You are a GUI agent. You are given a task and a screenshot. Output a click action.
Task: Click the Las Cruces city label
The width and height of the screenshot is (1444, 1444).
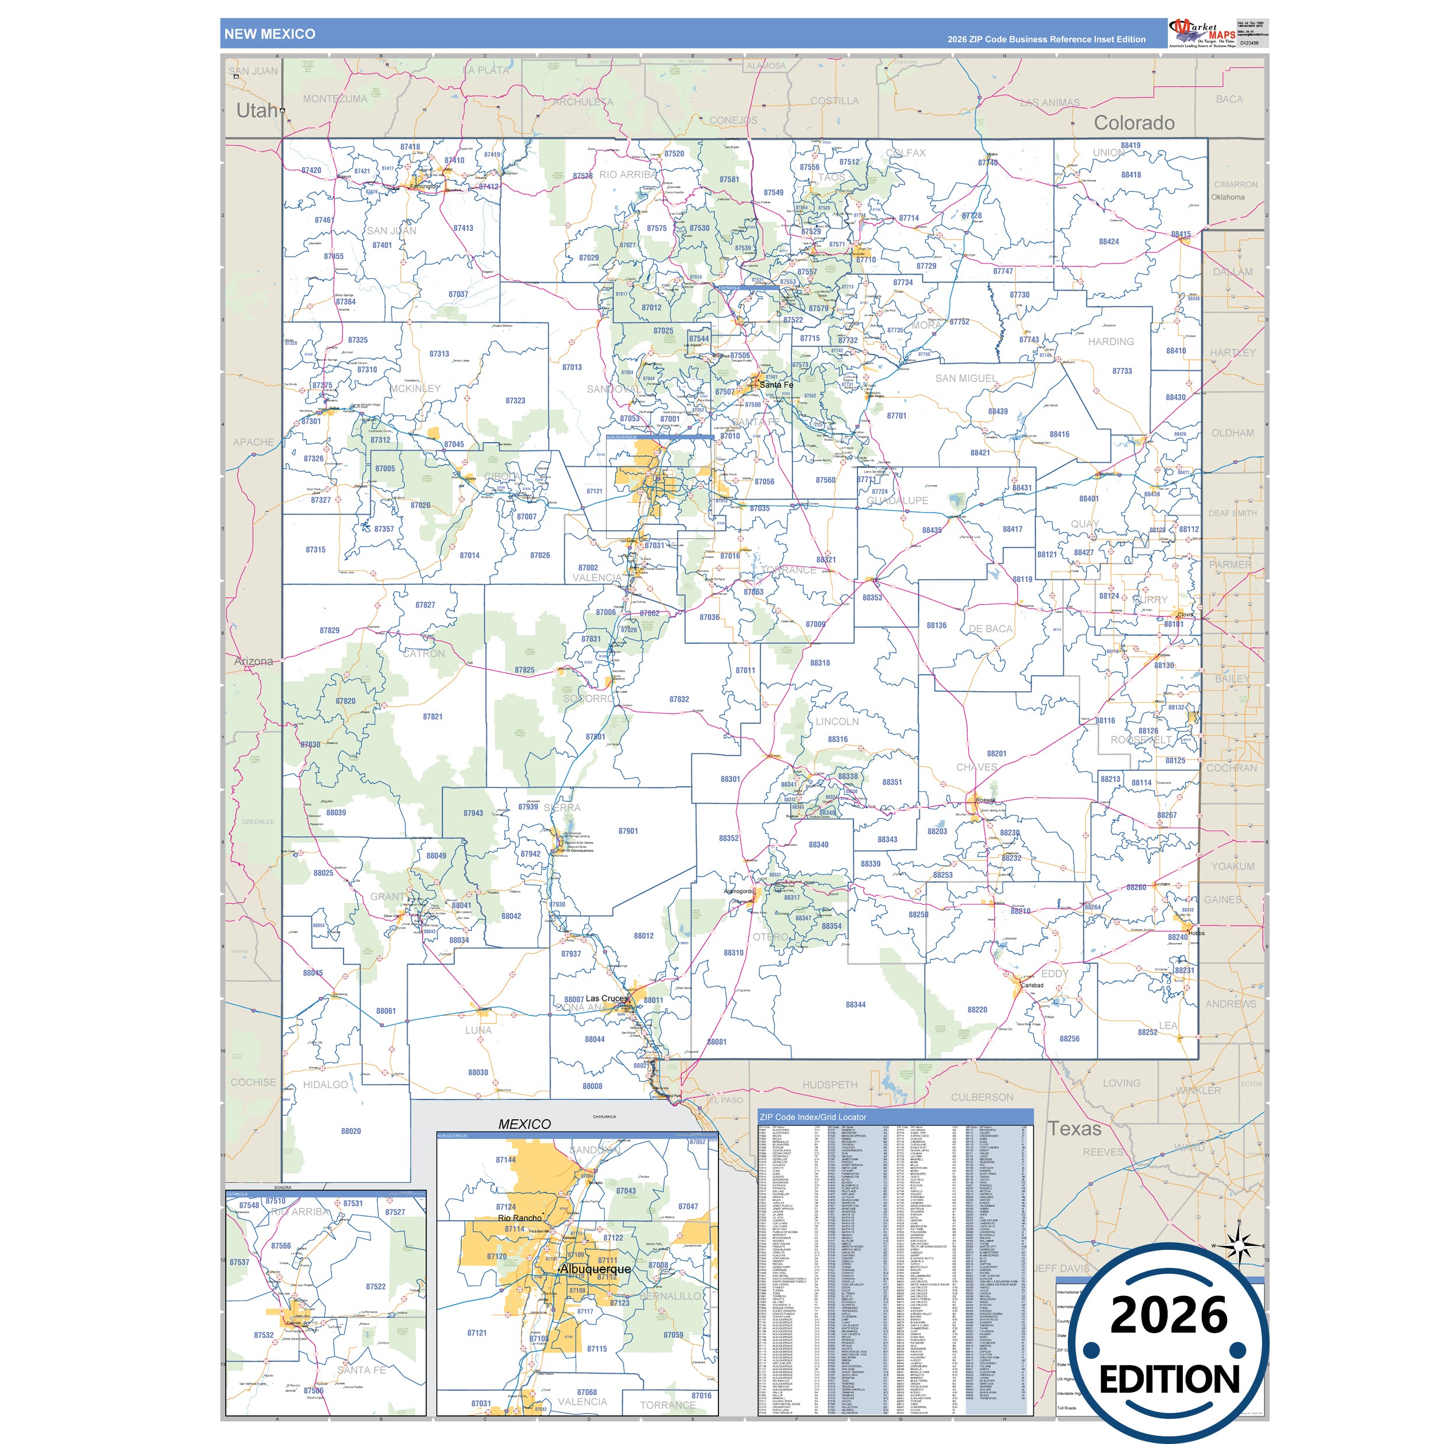pyautogui.click(x=606, y=998)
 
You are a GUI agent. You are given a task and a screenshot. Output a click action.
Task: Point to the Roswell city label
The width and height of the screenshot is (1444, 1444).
pyautogui.click(x=985, y=801)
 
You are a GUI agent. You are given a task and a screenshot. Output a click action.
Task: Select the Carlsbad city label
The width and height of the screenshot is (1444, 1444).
pyautogui.click(x=1032, y=985)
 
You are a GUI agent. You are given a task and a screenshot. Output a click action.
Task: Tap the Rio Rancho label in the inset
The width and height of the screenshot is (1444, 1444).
pyautogui.click(x=520, y=1218)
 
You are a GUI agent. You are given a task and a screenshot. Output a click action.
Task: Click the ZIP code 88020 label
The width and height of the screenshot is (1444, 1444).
pyautogui.click(x=351, y=1131)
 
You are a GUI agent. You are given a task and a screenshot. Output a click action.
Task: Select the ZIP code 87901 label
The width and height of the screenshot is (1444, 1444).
pyautogui.click(x=628, y=831)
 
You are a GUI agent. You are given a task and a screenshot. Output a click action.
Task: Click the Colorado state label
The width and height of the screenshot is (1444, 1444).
pyautogui.click(x=1134, y=123)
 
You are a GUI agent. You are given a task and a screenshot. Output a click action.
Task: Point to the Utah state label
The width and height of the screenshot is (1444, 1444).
pyautogui.click(x=257, y=111)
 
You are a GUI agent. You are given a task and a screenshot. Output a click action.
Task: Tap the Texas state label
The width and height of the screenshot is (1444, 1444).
pyautogui.click(x=1074, y=1129)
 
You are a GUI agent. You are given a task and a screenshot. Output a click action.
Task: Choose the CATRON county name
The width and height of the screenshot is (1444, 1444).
pyautogui.click(x=424, y=654)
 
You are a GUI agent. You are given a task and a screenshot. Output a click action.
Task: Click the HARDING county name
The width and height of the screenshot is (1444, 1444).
pyautogui.click(x=1110, y=342)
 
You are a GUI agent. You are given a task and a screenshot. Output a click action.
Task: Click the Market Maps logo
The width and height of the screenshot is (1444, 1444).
pyautogui.click(x=1202, y=32)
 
